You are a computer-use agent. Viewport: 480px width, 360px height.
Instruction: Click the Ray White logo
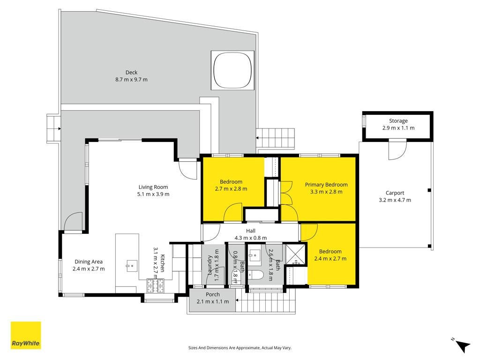26,335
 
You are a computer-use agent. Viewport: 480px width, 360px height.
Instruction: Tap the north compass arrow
462,345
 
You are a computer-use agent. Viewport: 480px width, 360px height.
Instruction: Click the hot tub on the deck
232,70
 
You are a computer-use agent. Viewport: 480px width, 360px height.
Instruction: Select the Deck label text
131,73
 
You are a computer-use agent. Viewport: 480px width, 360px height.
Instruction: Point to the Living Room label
153,187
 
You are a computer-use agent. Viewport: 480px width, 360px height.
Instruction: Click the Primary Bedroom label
326,185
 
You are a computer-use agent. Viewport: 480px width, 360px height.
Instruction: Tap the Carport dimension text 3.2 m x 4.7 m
395,200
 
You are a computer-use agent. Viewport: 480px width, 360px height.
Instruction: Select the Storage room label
398,121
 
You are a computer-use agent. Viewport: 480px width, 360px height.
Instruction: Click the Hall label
251,231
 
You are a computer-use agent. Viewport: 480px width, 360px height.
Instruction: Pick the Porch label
212,294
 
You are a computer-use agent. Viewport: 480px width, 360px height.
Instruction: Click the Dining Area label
89,262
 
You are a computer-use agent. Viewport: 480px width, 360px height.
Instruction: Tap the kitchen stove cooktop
156,286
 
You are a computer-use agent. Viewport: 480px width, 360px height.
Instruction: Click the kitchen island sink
132,266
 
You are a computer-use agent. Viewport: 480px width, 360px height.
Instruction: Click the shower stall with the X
296,254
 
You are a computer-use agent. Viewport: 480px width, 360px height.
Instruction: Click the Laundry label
210,265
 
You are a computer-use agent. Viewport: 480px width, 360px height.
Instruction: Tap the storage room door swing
397,150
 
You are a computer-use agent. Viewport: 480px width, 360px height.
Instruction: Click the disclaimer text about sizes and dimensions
240,348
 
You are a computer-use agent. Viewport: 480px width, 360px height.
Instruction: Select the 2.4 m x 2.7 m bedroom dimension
330,259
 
